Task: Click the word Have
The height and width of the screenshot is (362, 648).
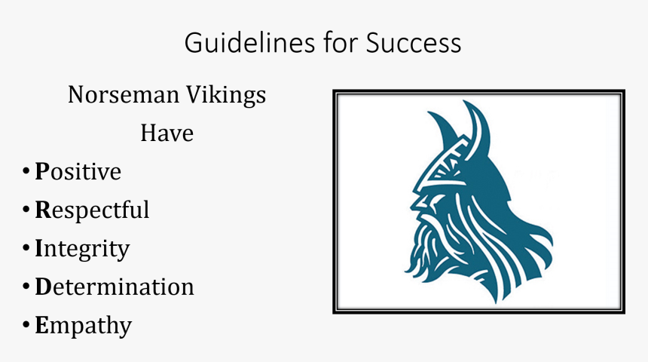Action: point(167,133)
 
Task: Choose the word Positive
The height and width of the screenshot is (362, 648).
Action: point(78,172)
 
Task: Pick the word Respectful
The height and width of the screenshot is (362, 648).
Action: point(92,210)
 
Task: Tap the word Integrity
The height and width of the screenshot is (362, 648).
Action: point(82,249)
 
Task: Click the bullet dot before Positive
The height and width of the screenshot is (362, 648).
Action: point(26,173)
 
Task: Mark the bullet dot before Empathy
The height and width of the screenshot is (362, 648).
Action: point(26,326)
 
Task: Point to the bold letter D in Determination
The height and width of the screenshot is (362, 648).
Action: point(42,287)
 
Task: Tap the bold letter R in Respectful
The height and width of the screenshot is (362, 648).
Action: point(42,210)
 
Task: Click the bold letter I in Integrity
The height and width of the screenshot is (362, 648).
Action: point(39,248)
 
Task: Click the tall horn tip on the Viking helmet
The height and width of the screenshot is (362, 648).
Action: point(473,108)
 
